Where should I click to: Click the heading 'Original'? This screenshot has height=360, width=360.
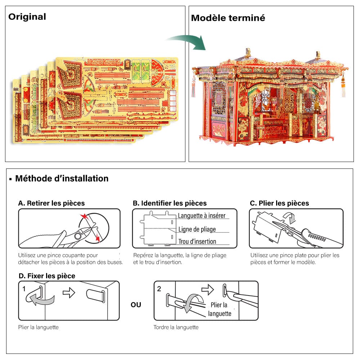click(27, 17)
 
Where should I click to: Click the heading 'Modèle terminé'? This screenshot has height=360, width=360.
click(228, 18)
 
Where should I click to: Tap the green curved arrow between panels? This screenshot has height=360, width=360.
click(187, 40)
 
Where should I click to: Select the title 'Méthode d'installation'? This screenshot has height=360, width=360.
click(62, 178)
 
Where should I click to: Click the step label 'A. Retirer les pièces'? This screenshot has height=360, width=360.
click(51, 203)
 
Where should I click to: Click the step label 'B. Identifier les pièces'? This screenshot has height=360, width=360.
click(170, 203)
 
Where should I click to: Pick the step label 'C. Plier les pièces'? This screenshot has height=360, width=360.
click(279, 203)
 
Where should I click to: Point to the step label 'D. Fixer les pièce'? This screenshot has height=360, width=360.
click(47, 276)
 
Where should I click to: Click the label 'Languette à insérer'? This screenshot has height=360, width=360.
click(202, 216)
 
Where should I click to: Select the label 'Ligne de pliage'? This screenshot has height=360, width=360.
click(197, 229)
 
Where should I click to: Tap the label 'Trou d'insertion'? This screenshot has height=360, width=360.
click(197, 242)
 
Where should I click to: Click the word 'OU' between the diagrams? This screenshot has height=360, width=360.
click(136, 305)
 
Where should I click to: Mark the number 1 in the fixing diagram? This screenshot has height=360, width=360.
click(24, 289)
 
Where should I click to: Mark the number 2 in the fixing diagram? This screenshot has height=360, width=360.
click(159, 289)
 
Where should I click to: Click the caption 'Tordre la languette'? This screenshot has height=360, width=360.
click(176, 327)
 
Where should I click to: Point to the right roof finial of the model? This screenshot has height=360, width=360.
click(318, 55)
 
